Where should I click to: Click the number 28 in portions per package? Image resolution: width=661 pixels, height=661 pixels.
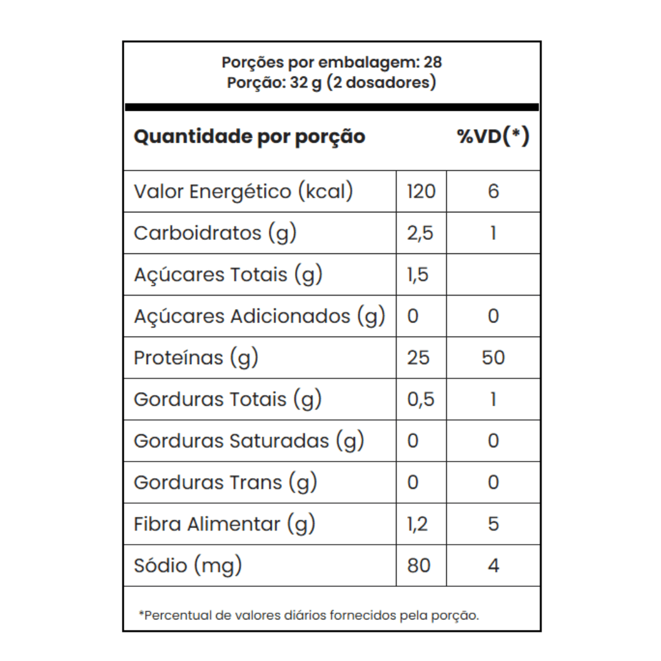pyautogui.click(x=432, y=62)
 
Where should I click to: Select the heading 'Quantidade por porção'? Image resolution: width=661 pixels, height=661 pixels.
pyautogui.click(x=249, y=136)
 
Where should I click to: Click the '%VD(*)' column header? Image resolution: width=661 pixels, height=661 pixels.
pyautogui.click(x=493, y=136)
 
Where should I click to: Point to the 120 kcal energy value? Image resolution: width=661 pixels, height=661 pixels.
pyautogui.click(x=421, y=192)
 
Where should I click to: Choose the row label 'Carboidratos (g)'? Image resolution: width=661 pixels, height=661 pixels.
pyautogui.click(x=215, y=233)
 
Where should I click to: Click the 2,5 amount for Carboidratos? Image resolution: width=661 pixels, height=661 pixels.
pyautogui.click(x=420, y=233)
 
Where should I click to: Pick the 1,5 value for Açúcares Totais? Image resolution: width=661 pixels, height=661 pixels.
pyautogui.click(x=418, y=275)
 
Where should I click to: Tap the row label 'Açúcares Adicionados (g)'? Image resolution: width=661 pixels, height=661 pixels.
pyautogui.click(x=260, y=316)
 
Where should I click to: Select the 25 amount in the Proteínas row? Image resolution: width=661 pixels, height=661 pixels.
pyautogui.click(x=419, y=357)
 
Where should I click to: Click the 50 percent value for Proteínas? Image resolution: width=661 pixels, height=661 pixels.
pyautogui.click(x=493, y=357)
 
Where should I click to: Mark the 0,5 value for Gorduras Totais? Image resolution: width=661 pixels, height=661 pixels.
pyautogui.click(x=420, y=399)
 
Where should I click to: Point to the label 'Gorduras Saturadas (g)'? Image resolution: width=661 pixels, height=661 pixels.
pyautogui.click(x=249, y=441)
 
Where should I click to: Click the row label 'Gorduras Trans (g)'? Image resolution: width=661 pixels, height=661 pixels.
pyautogui.click(x=225, y=482)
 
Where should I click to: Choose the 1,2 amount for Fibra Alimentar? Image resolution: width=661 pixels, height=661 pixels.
pyautogui.click(x=418, y=524)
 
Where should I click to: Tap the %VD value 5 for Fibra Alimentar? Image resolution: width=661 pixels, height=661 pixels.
pyautogui.click(x=493, y=524)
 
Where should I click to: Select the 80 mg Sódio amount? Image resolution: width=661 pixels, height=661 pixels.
pyautogui.click(x=419, y=565)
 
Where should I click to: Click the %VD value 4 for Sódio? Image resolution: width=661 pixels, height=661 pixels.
pyautogui.click(x=493, y=565)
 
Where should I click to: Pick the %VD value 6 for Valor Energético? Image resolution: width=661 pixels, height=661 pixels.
pyautogui.click(x=493, y=192)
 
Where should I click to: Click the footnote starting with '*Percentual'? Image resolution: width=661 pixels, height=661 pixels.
pyautogui.click(x=309, y=615)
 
